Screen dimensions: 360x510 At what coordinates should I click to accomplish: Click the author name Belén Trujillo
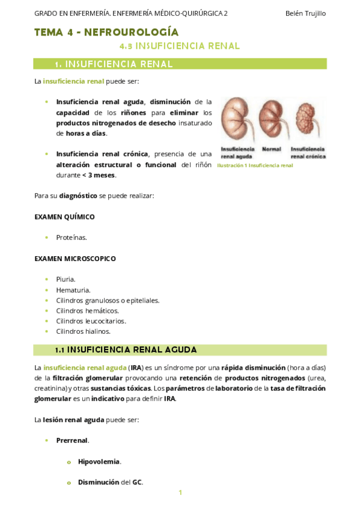pos(305,13)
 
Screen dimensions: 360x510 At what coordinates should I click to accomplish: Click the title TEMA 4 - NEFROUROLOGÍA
pos(106,32)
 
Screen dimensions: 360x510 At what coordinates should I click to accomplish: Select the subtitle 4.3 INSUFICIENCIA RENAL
pos(179,46)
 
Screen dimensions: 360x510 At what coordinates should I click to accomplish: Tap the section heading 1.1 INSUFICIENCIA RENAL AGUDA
pos(126,349)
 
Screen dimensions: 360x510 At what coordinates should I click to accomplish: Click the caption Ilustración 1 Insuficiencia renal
pos(255,165)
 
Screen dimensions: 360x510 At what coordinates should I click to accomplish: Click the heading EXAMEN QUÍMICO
pos(65,217)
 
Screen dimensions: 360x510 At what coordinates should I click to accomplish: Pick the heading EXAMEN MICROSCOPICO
pos(75,259)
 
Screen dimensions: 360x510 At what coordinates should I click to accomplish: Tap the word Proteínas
pos(72,238)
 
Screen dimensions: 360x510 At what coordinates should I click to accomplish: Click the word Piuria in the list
pos(66,279)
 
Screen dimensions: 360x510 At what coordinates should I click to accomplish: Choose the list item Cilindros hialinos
pos(84,331)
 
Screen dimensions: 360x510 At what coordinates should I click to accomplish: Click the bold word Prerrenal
pos(72,440)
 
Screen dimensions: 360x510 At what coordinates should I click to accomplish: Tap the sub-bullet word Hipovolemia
pos(99,461)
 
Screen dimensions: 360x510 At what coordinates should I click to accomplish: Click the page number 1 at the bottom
pos(180,493)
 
